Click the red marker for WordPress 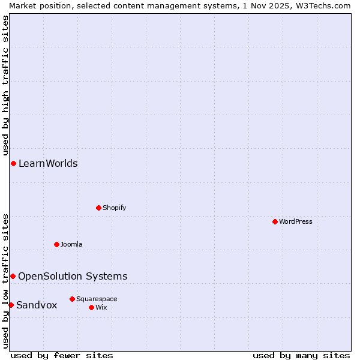click(x=275, y=221)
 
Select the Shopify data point click(x=98, y=208)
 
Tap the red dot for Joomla click(x=56, y=244)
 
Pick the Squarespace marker click(x=72, y=299)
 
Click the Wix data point click(x=91, y=307)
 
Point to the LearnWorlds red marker click(x=13, y=163)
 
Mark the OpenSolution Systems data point click(x=13, y=276)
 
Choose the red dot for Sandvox click(x=11, y=305)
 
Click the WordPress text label click(x=296, y=221)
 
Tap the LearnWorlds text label click(x=48, y=163)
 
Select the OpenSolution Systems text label click(x=73, y=276)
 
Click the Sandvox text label click(x=37, y=305)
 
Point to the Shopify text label click(x=114, y=208)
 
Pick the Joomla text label click(x=71, y=244)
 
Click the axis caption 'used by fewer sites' click(x=62, y=355)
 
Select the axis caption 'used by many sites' click(x=301, y=355)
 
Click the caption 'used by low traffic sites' click(x=5, y=280)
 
